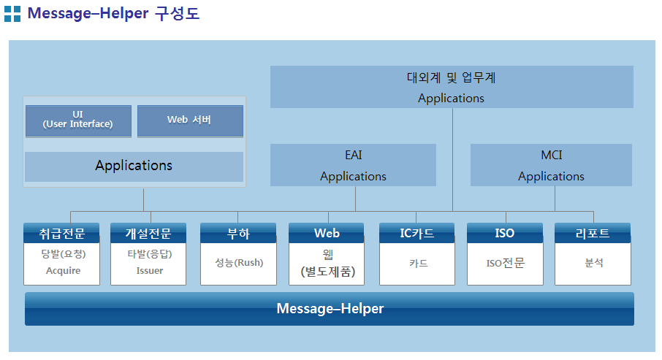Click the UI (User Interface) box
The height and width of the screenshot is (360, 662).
(78, 121)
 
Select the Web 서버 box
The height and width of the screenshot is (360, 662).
(190, 121)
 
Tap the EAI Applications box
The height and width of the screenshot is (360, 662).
(353, 165)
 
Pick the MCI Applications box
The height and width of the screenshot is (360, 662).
(551, 165)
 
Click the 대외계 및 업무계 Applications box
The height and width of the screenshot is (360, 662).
(452, 87)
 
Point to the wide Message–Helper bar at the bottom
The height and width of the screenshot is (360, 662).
(330, 309)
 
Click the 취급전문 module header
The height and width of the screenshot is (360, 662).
(61, 233)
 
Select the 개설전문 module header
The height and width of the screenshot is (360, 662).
(148, 233)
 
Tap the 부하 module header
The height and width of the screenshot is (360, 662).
(238, 233)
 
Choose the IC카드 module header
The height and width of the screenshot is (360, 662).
(417, 233)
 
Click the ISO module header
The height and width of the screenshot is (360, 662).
(505, 233)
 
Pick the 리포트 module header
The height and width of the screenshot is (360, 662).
(593, 233)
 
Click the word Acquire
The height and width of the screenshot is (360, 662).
(63, 271)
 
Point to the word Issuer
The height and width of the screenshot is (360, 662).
(150, 270)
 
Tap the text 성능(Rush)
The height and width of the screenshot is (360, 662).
(239, 262)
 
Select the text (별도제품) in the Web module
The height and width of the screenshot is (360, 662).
(327, 272)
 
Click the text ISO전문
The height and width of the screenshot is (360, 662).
(506, 263)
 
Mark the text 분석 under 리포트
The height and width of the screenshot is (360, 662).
(594, 263)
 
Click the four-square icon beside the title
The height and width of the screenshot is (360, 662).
(12, 14)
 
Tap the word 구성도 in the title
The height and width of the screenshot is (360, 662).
(177, 13)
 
